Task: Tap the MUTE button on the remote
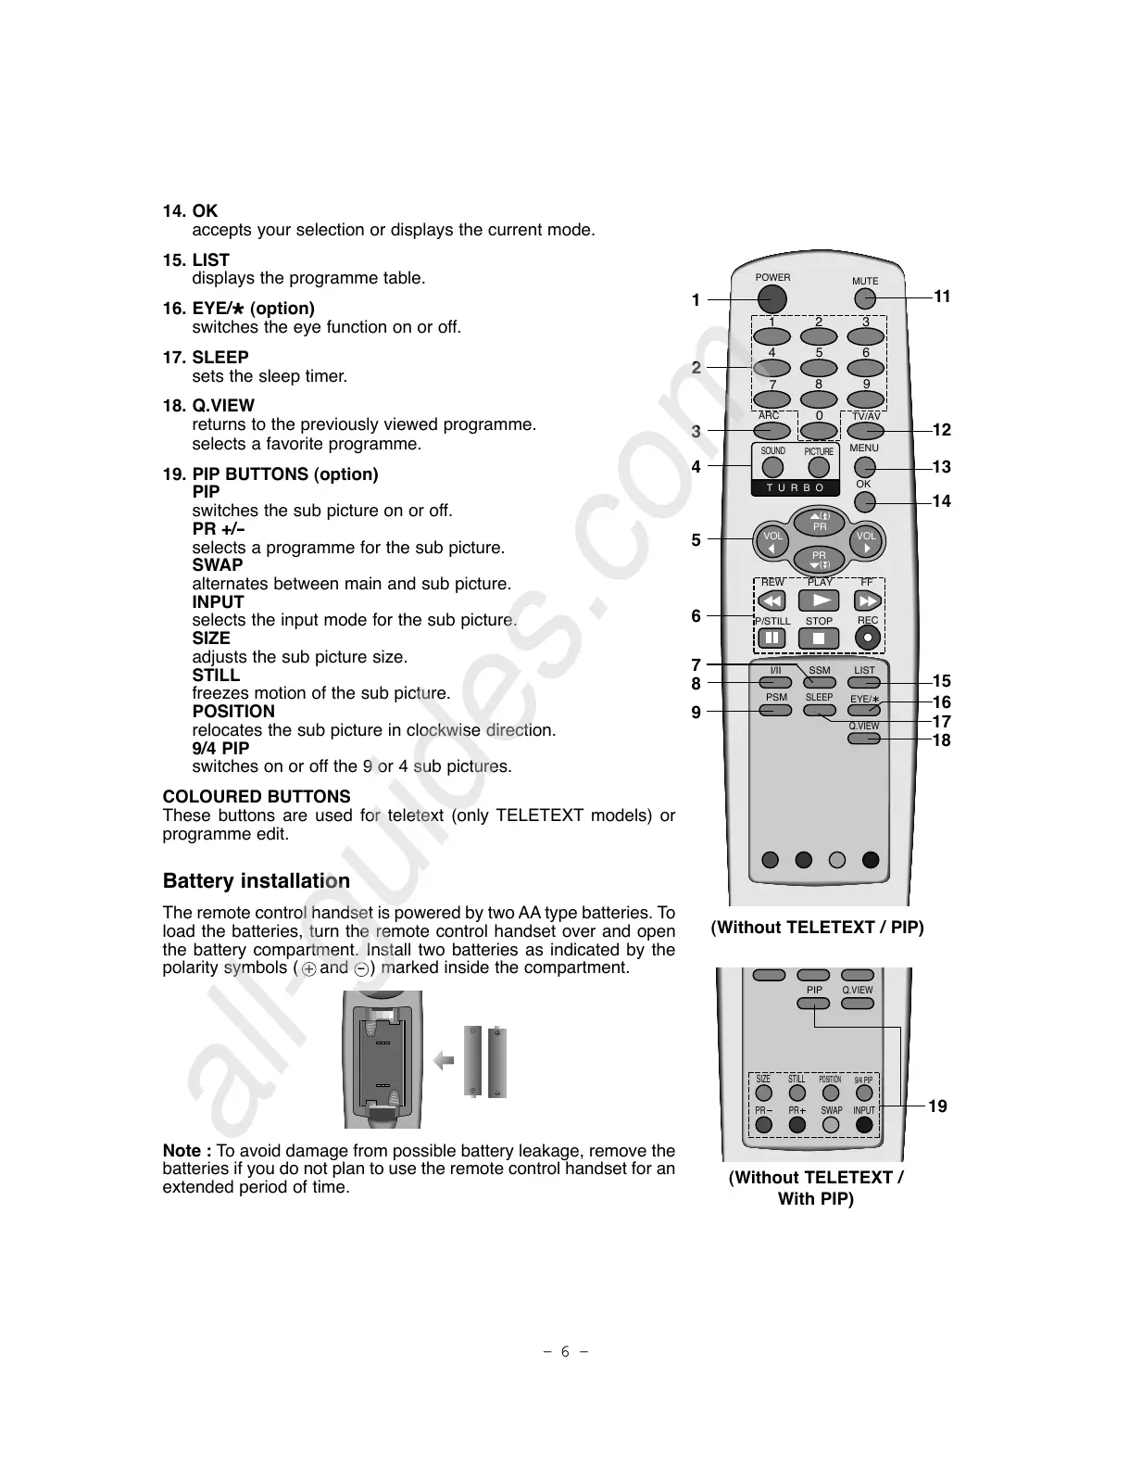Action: point(864,298)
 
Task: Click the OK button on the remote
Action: point(864,502)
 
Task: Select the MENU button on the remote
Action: point(864,468)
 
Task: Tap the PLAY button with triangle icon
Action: point(820,600)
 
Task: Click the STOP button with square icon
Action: point(819,638)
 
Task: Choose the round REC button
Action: point(867,638)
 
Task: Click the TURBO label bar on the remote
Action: point(796,487)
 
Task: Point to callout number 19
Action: point(937,1106)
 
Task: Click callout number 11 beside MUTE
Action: point(942,297)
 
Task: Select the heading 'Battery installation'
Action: point(257,880)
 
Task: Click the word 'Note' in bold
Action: point(182,1151)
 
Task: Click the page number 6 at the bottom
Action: point(564,1351)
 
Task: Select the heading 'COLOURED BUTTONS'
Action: point(257,797)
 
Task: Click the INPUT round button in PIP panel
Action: point(864,1125)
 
